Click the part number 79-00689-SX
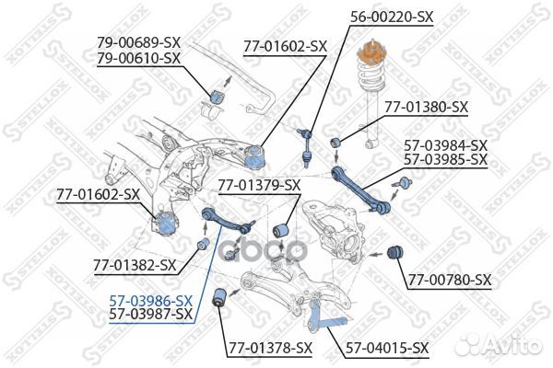139,43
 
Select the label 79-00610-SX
139,58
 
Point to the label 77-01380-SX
426,107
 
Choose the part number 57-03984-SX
446,144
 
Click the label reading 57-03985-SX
446,159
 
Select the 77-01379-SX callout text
259,185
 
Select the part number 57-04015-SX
387,348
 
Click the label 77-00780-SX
450,280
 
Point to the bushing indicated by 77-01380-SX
337,140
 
